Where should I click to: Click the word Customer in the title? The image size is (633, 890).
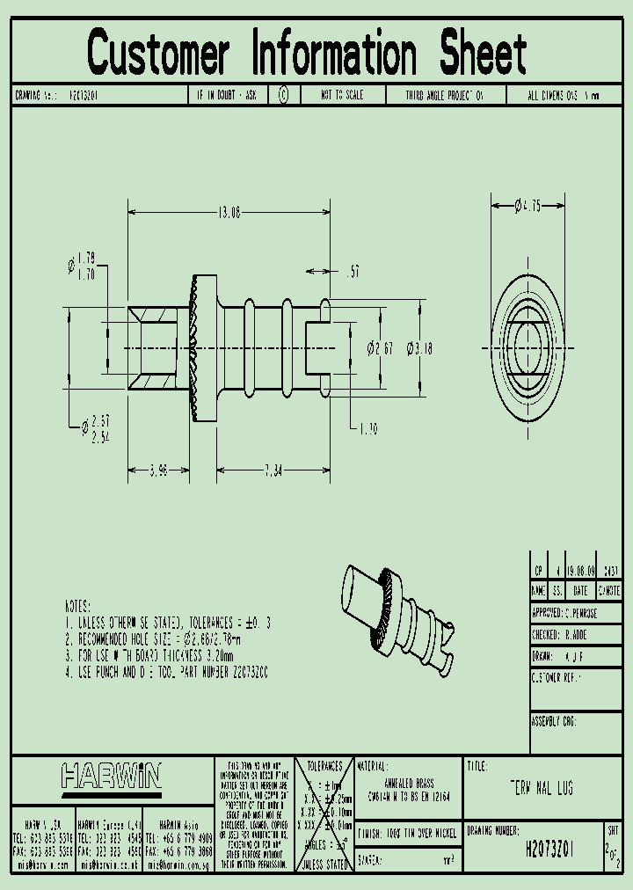pos(158,52)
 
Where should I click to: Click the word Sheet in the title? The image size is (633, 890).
pos(483,52)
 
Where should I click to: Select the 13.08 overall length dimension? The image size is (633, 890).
pos(230,212)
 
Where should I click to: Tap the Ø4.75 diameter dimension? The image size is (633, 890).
pos(527,206)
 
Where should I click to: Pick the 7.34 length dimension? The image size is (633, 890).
pos(273,471)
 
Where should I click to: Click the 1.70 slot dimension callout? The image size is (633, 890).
pos(368,428)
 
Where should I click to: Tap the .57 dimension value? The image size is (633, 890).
pos(353,274)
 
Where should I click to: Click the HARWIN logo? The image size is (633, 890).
pos(112,776)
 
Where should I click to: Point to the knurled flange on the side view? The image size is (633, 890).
pos(201,348)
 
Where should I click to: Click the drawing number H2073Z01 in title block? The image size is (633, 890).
pos(549,850)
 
